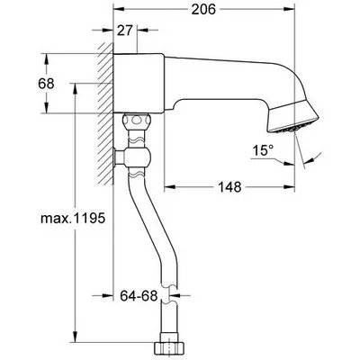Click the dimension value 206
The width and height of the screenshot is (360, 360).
[204, 11]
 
